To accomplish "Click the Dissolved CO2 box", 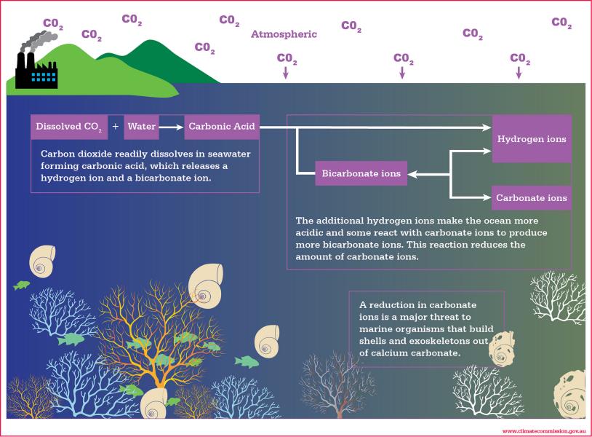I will tap(68, 127).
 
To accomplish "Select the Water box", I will tap(142, 127).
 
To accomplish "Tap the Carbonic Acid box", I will tap(221, 127).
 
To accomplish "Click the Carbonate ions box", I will tap(531, 197).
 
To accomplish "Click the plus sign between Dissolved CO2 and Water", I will tap(116, 127).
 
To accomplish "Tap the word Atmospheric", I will tap(284, 34).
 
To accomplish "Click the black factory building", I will tap(36, 74).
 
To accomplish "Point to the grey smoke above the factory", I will tap(36, 40).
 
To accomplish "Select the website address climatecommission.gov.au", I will tap(543, 431).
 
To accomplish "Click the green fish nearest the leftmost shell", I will tap(21, 286).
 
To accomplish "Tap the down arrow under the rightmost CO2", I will tap(519, 73).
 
